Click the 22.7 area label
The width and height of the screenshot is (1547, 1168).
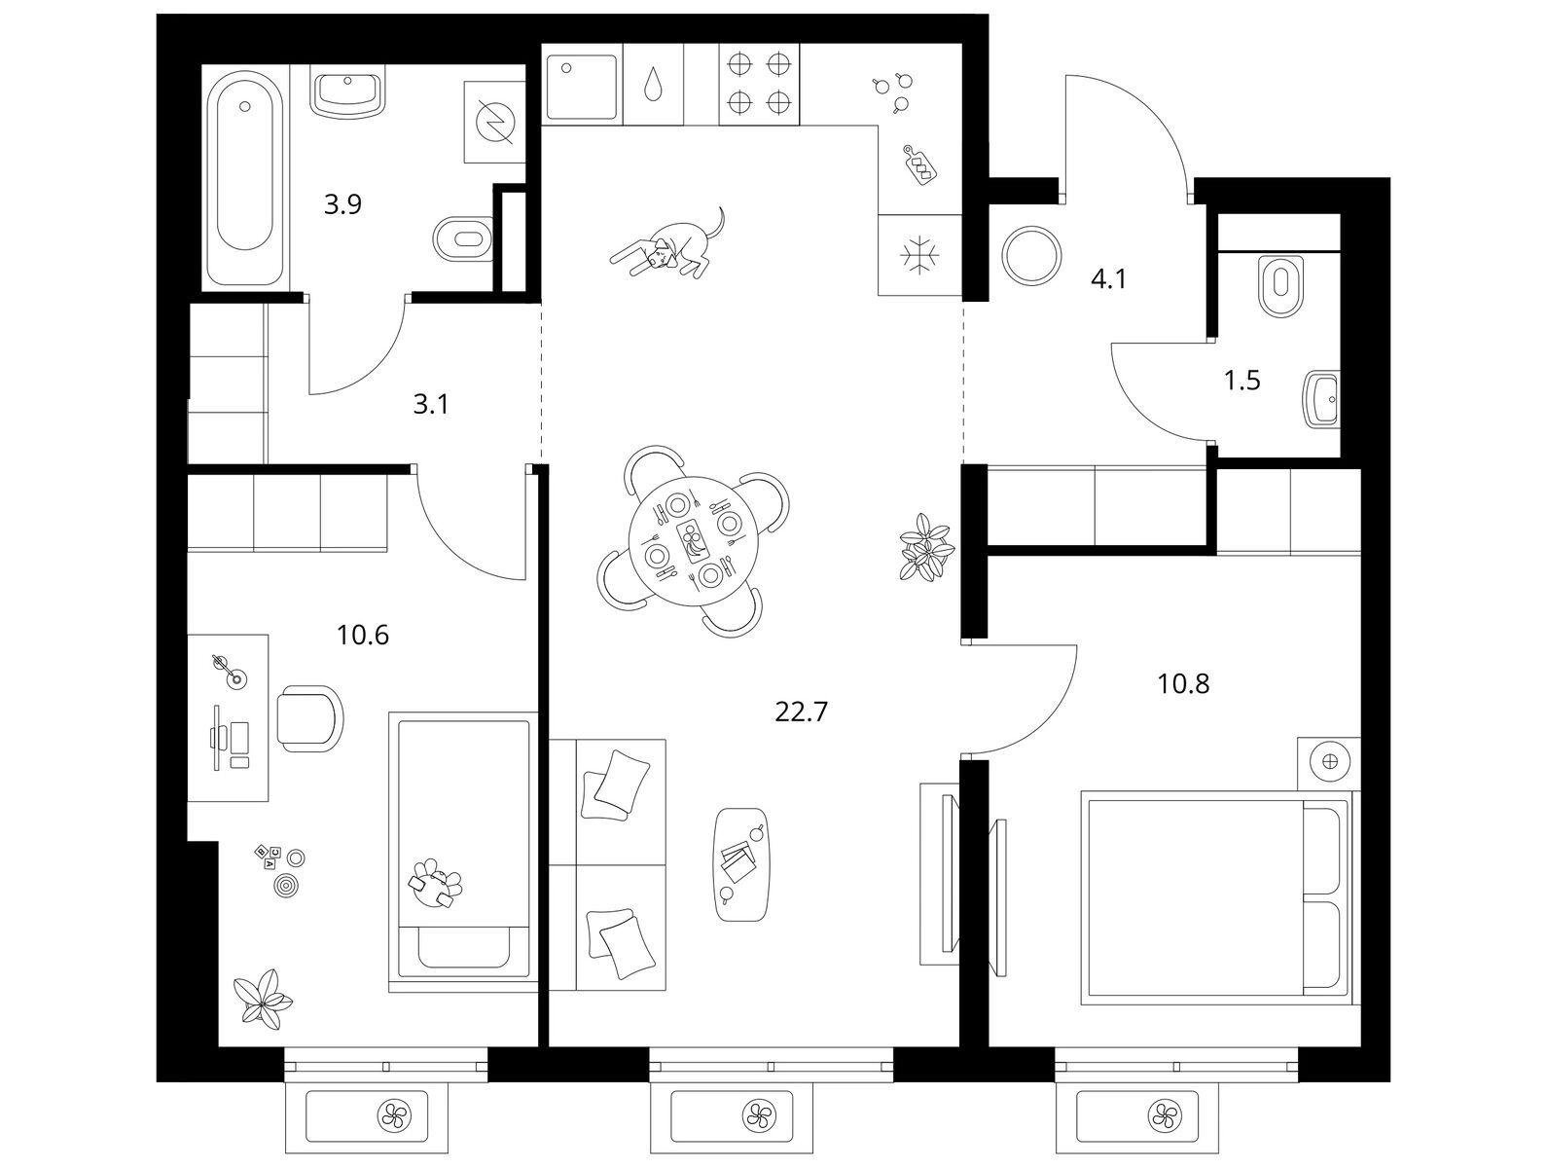point(801,712)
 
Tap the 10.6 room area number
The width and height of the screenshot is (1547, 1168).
point(362,636)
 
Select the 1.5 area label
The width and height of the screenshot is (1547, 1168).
point(1241,381)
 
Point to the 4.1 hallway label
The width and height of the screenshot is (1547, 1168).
point(1108,280)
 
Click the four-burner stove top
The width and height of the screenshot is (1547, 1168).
point(758,84)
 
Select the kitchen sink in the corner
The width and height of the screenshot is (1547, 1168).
point(582,85)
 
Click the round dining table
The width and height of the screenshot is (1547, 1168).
point(693,540)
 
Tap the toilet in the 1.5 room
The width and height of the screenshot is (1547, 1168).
point(1280,285)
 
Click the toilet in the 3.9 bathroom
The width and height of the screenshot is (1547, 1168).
point(461,238)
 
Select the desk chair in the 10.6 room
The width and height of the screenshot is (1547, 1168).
point(310,718)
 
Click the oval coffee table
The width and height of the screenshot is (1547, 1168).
point(741,864)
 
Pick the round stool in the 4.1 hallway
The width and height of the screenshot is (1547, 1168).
point(1031,256)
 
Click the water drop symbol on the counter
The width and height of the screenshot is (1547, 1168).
point(653,85)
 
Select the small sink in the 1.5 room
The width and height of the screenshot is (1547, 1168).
point(1320,399)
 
